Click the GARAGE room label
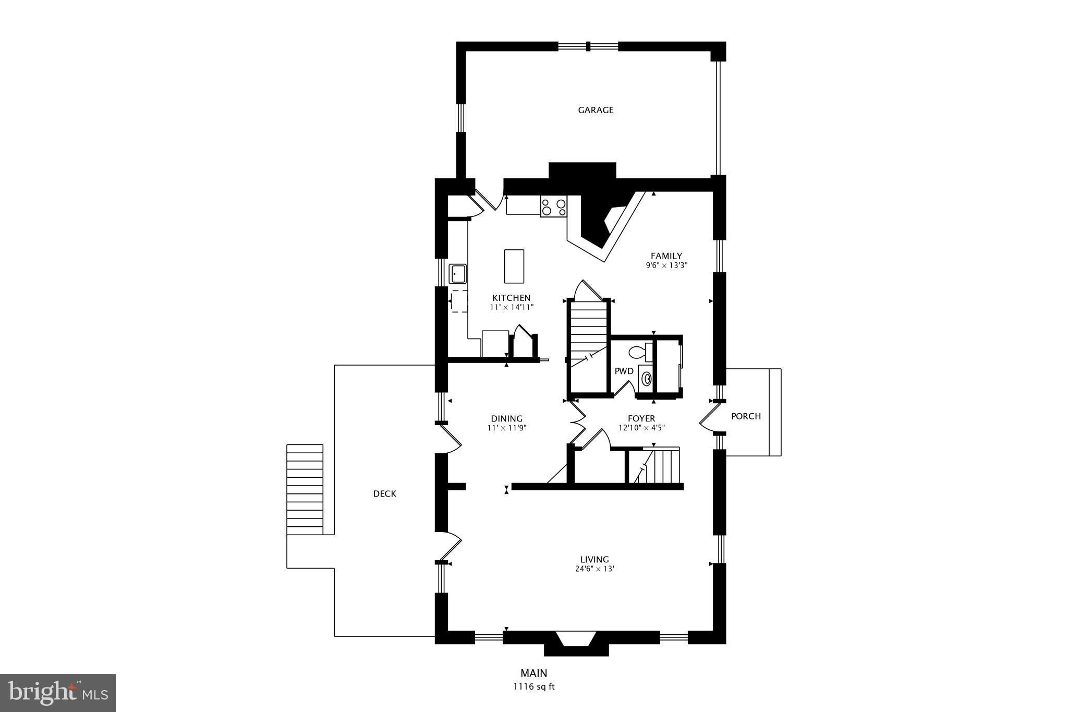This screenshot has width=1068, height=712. pyautogui.click(x=596, y=110)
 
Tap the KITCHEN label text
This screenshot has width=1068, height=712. pyautogui.click(x=511, y=298)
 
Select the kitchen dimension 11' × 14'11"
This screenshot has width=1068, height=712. pyautogui.click(x=512, y=308)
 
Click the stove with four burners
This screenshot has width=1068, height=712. pyautogui.click(x=553, y=207)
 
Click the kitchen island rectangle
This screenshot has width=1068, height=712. pyautogui.click(x=514, y=266)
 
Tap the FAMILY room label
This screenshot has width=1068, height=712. pyautogui.click(x=666, y=256)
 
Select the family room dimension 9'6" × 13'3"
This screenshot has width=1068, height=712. pyautogui.click(x=666, y=265)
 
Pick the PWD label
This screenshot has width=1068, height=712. pyautogui.click(x=624, y=371)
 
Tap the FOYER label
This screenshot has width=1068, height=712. pyautogui.click(x=641, y=418)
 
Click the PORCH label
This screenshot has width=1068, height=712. pyautogui.click(x=746, y=416)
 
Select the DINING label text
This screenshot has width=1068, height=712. pyautogui.click(x=506, y=419)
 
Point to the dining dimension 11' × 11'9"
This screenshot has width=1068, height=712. pyautogui.click(x=506, y=428)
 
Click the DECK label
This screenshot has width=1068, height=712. pyautogui.click(x=384, y=494)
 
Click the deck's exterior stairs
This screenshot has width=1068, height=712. pyautogui.click(x=305, y=489)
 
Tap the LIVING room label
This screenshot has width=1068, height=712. pyautogui.click(x=594, y=560)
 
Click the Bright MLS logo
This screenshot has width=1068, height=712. pyautogui.click(x=58, y=693)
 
